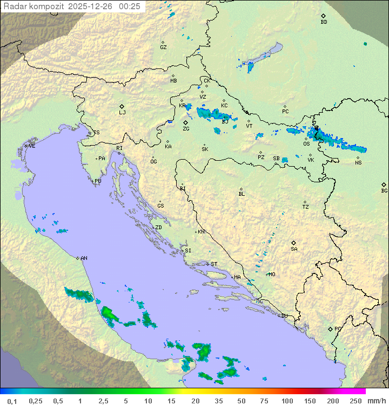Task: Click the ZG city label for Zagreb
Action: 186,129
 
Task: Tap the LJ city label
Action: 122,113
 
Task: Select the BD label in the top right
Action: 324,22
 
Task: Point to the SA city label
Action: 294,249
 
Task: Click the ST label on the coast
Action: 214,264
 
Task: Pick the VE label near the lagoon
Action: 32,146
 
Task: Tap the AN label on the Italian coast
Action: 84,258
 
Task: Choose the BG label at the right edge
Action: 384,190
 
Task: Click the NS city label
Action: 358,163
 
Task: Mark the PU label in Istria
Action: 98,181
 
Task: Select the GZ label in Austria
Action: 163,47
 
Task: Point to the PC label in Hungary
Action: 285,112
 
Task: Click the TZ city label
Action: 306,207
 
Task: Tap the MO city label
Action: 272,274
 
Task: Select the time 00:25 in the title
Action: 130,6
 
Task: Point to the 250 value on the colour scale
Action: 356,401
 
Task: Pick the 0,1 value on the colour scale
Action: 12,401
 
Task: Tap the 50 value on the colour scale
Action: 241,401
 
